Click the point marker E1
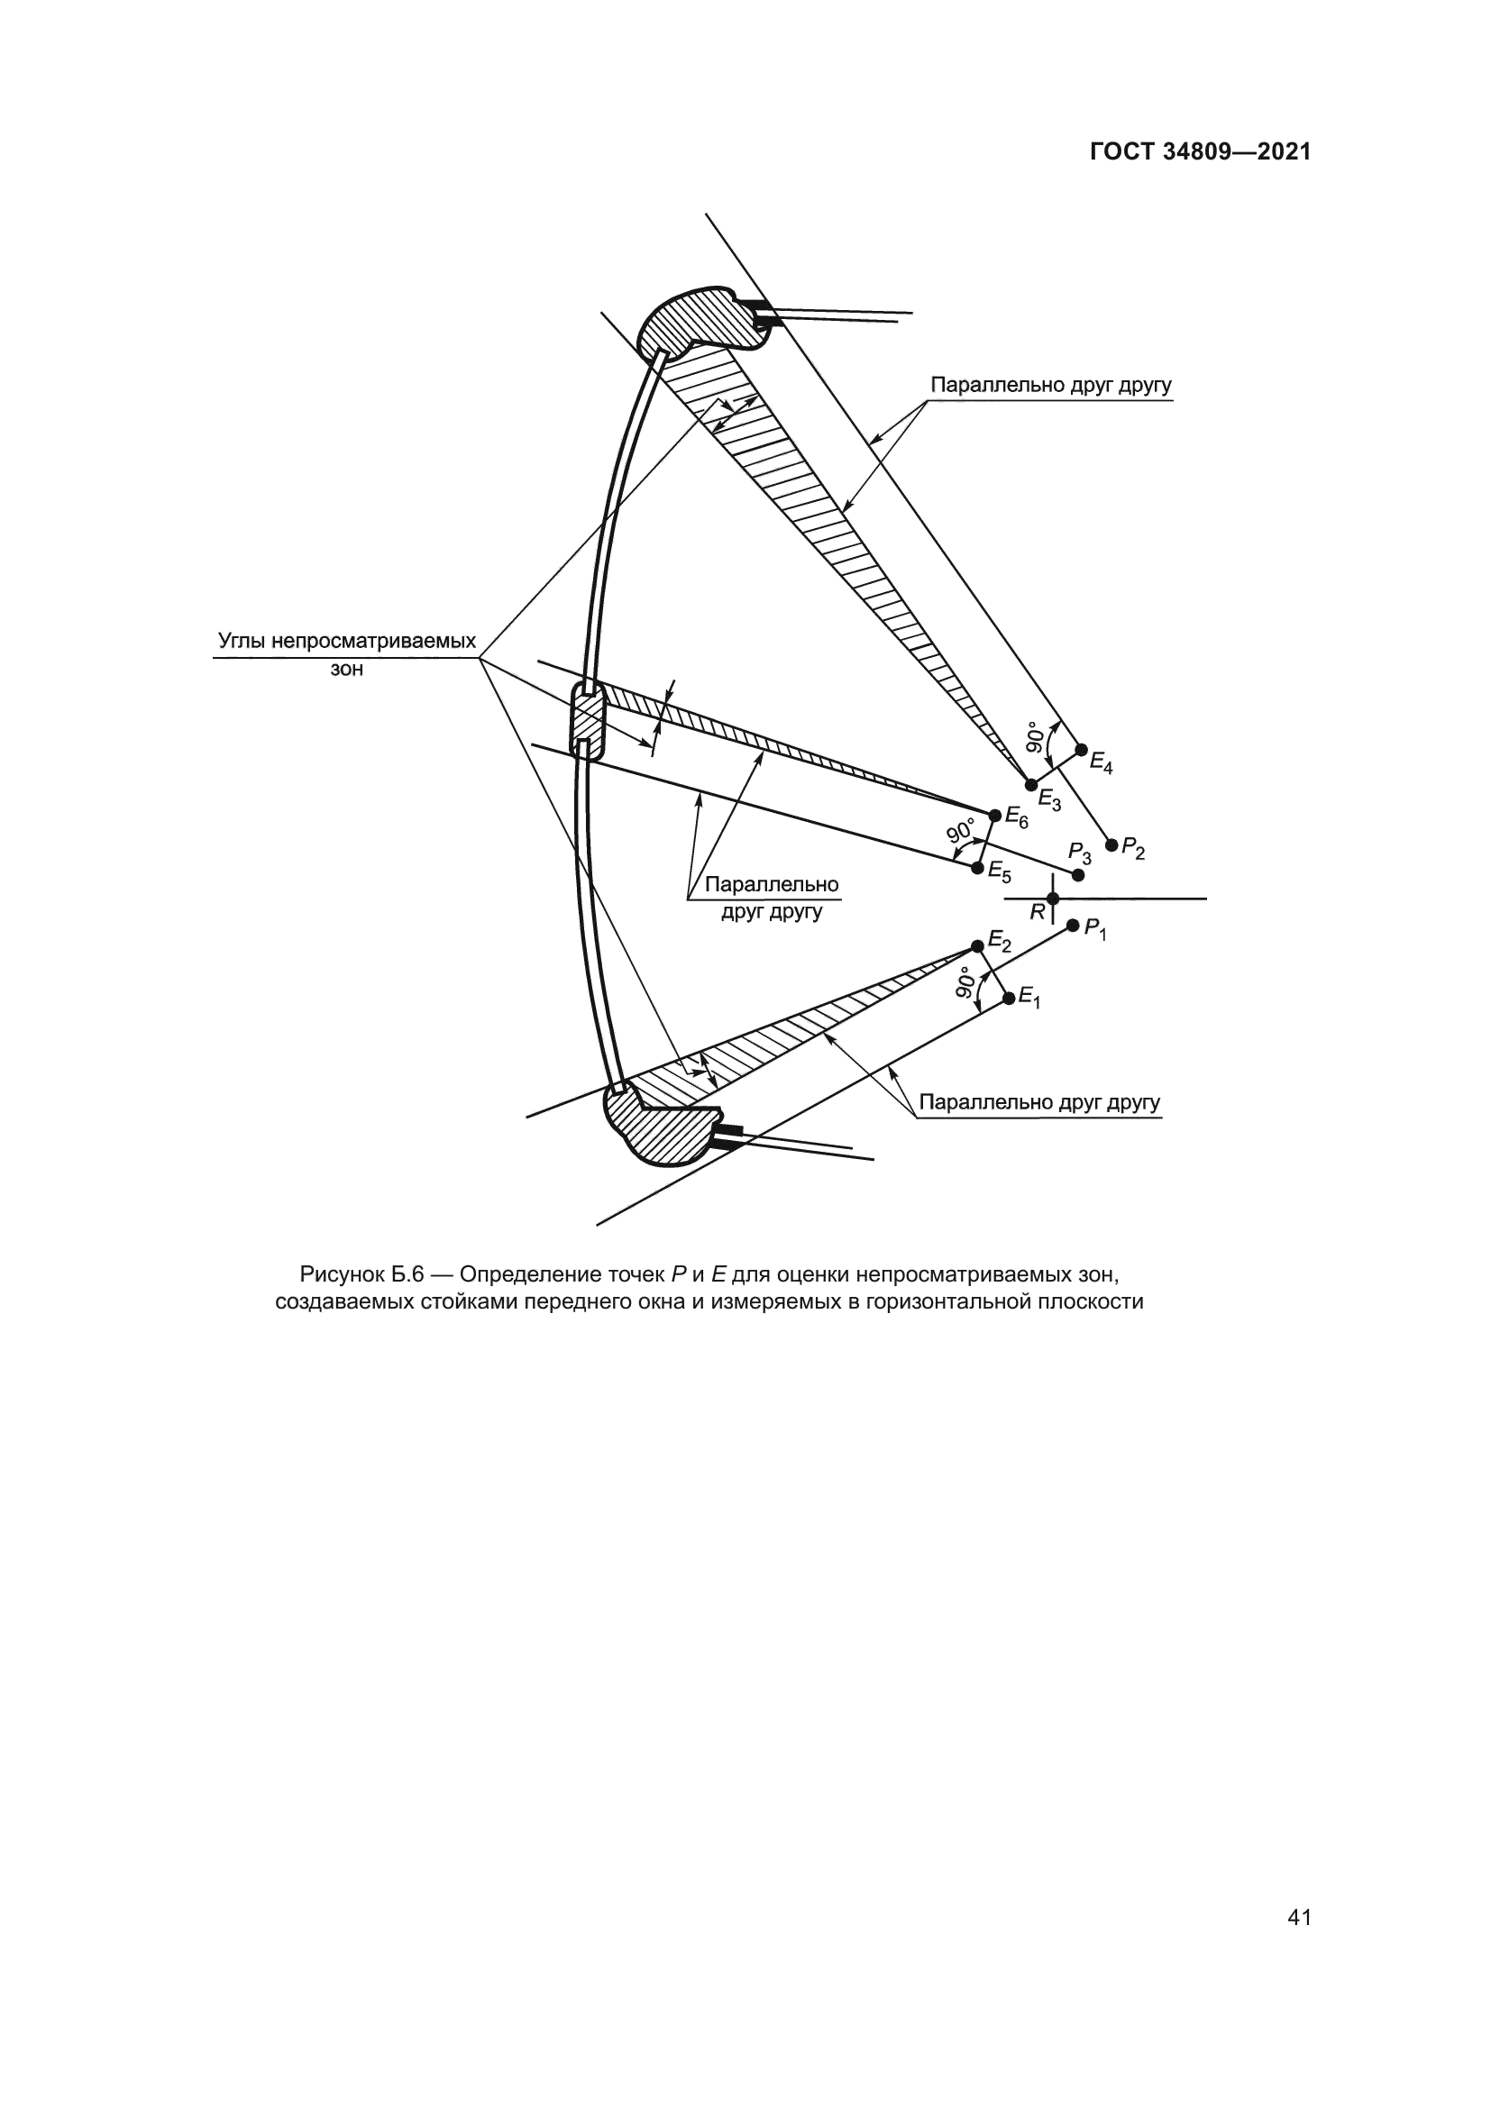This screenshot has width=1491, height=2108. click(x=1009, y=997)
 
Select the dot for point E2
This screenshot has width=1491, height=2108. click(x=978, y=946)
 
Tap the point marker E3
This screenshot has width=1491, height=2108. click(x=1031, y=784)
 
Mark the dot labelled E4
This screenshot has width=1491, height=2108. click(x=1081, y=749)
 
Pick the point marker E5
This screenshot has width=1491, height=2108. click(x=978, y=867)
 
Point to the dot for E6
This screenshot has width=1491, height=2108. click(x=995, y=816)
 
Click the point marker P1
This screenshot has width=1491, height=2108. click(x=1073, y=926)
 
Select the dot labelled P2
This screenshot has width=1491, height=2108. click(x=1111, y=844)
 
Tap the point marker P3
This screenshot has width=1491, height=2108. click(x=1078, y=875)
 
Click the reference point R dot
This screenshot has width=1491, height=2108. click(x=1053, y=899)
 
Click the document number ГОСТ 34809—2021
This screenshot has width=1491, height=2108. click(x=1200, y=152)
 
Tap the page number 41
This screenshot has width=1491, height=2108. click(x=1299, y=1891)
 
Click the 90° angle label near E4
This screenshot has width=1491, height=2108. click(x=1035, y=737)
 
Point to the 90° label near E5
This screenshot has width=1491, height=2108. click(x=961, y=832)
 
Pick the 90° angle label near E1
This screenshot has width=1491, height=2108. click(x=966, y=981)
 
